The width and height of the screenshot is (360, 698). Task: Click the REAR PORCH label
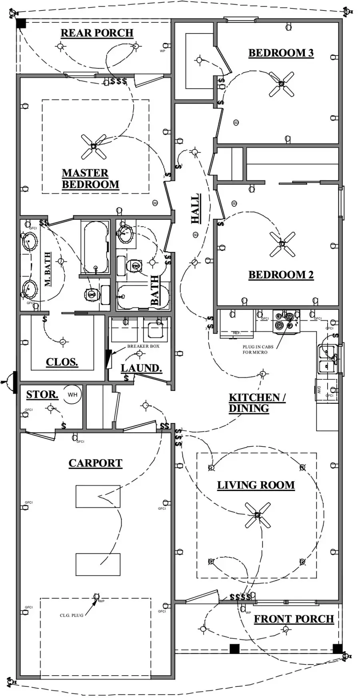point(97,33)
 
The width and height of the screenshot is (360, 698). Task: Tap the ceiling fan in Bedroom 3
point(281,84)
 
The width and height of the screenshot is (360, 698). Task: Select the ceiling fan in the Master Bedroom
point(93,146)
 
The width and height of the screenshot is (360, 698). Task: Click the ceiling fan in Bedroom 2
point(282,243)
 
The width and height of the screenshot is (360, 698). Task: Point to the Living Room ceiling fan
point(258,515)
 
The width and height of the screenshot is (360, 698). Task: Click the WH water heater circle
point(72,395)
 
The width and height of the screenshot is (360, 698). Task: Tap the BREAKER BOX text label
point(143,346)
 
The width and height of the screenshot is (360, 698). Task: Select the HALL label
point(195,209)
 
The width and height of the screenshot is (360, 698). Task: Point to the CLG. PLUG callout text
point(72,615)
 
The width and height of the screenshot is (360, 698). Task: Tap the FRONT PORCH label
point(294,619)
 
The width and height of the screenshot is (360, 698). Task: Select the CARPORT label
point(95,463)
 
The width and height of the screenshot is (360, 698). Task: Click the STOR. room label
point(42,395)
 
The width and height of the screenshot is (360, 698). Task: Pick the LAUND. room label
point(141,368)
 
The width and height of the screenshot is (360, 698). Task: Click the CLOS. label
point(62,362)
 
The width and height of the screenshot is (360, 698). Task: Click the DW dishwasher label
point(319,390)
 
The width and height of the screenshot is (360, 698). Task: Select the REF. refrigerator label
point(236,333)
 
